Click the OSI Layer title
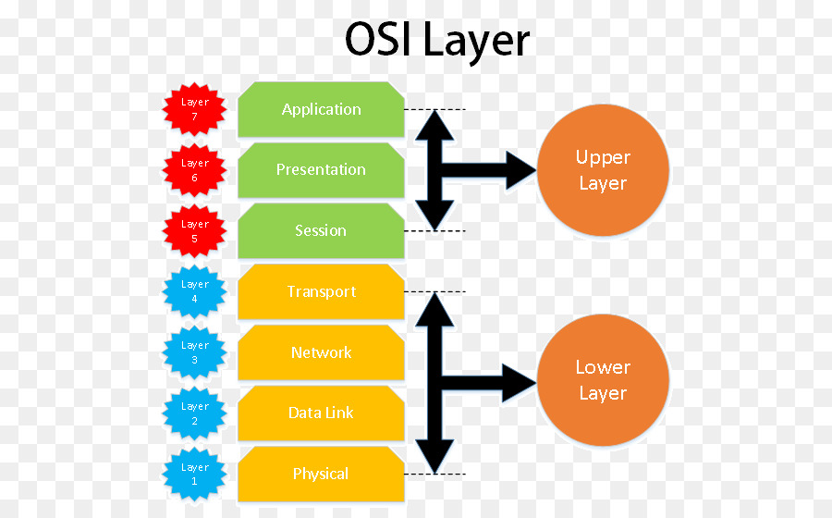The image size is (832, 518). click(437, 41)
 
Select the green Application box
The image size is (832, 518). click(321, 109)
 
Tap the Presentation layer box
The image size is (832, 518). click(321, 169)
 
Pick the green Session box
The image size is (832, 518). click(321, 230)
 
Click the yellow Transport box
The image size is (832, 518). click(321, 291)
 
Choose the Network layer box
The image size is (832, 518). click(321, 352)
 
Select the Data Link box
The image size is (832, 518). click(321, 413)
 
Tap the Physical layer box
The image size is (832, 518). click(321, 474)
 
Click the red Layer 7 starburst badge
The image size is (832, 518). click(194, 109)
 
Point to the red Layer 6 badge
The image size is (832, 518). click(194, 170)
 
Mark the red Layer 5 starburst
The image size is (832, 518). click(194, 230)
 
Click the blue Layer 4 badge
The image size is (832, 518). click(194, 291)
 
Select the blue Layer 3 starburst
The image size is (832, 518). click(194, 352)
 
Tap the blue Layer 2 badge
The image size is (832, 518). click(194, 413)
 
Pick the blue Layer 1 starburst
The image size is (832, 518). click(194, 474)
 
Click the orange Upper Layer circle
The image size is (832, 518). click(603, 170)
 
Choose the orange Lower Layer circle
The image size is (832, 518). click(603, 380)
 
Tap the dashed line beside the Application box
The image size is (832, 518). click(434, 109)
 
